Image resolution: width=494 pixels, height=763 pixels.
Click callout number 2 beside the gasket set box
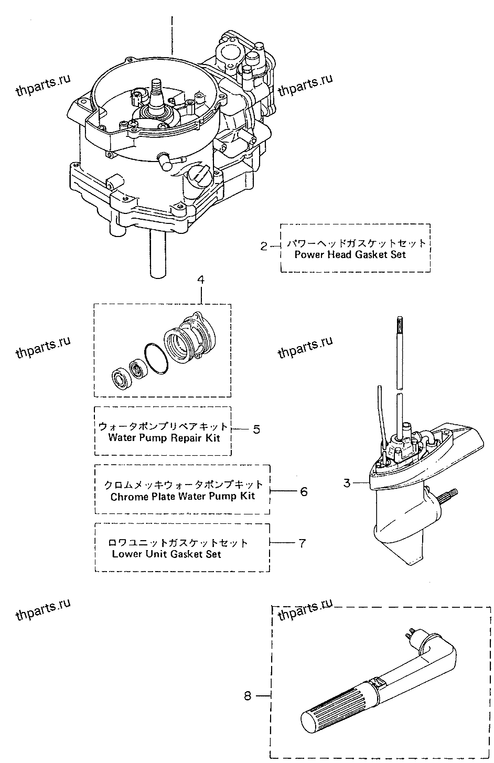point(264,245)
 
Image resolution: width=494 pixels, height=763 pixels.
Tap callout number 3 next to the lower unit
point(346,482)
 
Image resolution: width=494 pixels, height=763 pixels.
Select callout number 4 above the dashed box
point(201,280)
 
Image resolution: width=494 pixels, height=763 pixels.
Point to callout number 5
point(256,429)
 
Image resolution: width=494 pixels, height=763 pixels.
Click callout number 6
point(303,491)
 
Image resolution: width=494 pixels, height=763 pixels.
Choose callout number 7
point(302,543)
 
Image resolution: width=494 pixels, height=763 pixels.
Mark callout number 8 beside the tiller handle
point(248,696)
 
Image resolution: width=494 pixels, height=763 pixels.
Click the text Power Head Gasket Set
point(350,255)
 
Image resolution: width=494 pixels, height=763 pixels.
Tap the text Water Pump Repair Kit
point(164,438)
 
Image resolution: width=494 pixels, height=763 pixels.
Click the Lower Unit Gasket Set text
point(166,554)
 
